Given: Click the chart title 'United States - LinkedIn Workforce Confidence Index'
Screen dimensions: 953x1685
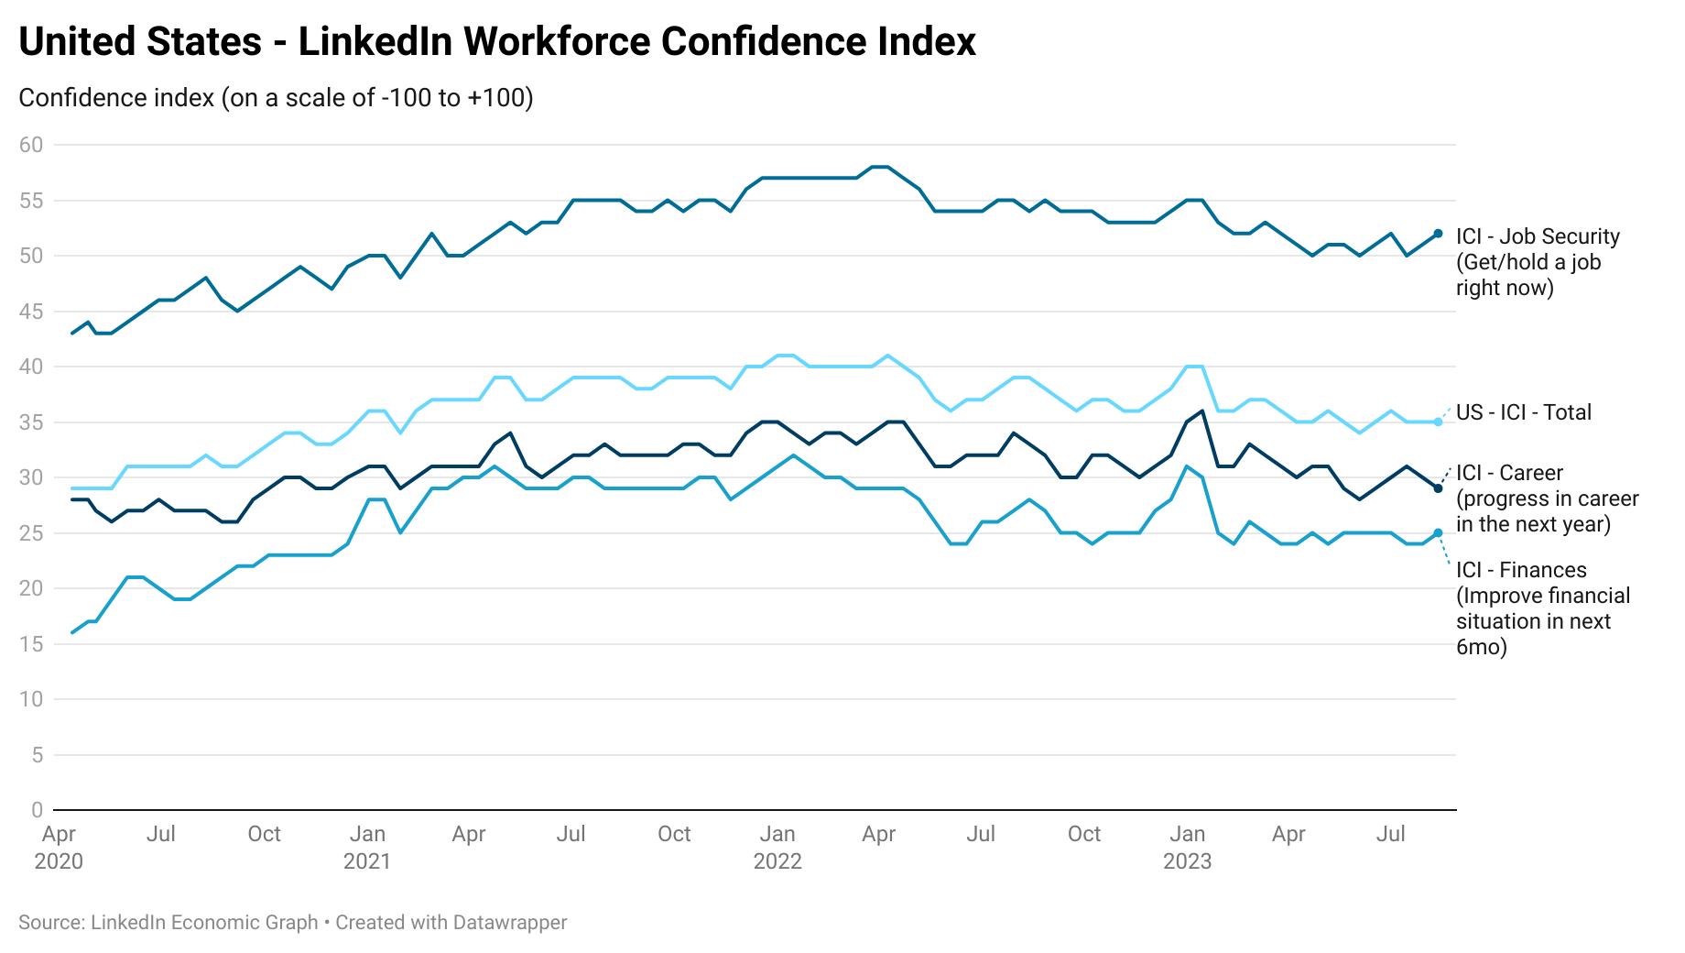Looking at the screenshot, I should [x=497, y=42].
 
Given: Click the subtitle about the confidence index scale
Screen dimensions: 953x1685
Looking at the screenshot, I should [x=276, y=98].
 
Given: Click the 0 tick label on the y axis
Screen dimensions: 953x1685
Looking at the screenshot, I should [x=37, y=810].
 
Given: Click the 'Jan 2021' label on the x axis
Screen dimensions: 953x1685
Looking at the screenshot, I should [x=367, y=848].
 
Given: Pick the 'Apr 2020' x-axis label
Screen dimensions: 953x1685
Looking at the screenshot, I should [x=59, y=848].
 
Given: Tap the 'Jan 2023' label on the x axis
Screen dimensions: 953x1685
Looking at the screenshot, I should [x=1187, y=848].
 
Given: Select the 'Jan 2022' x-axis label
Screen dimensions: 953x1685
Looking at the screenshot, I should [x=777, y=848].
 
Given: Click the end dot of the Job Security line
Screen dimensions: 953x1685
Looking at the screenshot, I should [x=1438, y=234].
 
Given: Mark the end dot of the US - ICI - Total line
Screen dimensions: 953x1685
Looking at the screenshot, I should [x=1438, y=422].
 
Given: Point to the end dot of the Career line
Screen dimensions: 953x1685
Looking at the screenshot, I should [x=1438, y=488].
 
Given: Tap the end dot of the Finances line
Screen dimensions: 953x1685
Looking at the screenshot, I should [x=1438, y=533].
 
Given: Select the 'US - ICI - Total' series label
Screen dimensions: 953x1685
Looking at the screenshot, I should [x=1524, y=412].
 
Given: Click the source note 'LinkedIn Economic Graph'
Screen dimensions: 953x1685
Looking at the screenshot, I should [x=203, y=923].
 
